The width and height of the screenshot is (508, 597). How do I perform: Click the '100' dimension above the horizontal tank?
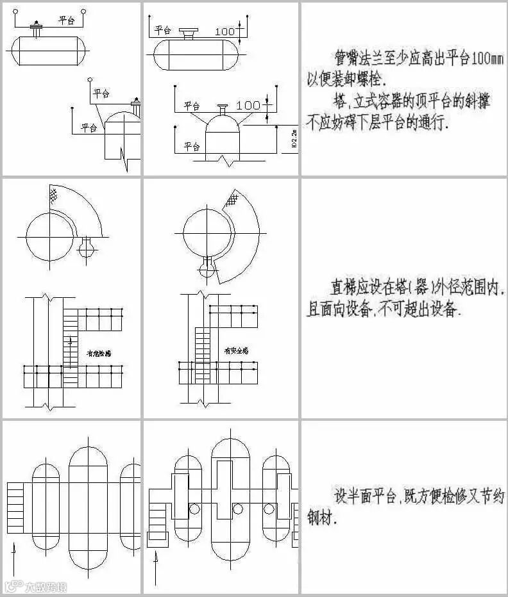coord(225,31)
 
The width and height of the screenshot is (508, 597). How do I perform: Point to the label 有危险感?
coord(98,353)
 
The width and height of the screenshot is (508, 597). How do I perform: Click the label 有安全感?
coord(236,351)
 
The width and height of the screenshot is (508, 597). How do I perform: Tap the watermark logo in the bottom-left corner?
coord(35,586)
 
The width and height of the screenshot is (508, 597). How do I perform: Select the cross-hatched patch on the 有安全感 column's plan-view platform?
coord(230,200)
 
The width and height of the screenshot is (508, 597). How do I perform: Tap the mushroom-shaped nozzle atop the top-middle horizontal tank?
coord(189,33)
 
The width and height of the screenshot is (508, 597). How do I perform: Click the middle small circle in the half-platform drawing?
coord(238,509)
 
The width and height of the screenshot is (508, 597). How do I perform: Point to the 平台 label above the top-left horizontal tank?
coord(67,20)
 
